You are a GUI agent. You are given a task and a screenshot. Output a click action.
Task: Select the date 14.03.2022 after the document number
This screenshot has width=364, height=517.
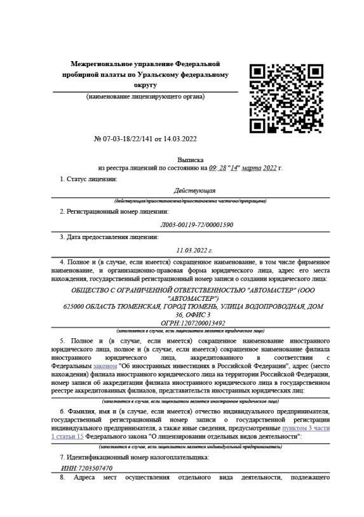[180, 139]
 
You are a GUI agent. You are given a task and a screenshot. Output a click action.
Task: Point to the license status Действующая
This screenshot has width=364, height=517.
[194, 190]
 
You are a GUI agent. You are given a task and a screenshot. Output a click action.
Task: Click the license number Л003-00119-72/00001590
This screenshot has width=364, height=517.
[197, 224]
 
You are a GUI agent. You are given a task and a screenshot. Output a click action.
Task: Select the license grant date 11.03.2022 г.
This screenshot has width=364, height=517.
[194, 251]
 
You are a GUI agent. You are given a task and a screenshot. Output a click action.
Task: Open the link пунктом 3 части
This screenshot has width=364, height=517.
[306, 428]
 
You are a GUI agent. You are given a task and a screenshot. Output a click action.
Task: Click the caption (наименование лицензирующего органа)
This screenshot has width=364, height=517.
[145, 97]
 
